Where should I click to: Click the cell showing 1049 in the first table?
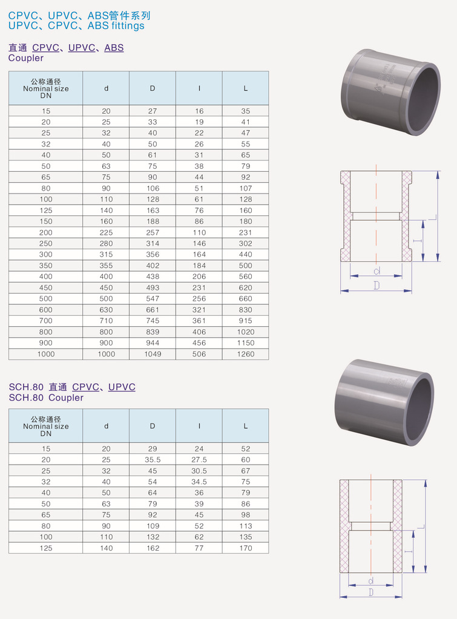coord(153,354)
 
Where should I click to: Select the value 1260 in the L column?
coord(246,354)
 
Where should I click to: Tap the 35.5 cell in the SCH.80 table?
coord(153,460)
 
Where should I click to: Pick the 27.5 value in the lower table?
coord(199,460)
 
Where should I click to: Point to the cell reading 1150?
coord(246,343)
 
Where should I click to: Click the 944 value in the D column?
coord(153,343)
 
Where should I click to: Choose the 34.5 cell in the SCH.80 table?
coord(199,482)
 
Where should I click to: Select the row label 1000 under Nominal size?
coord(46,354)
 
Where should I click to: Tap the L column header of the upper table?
coord(246,88)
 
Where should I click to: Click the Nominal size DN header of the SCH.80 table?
coord(46,427)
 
